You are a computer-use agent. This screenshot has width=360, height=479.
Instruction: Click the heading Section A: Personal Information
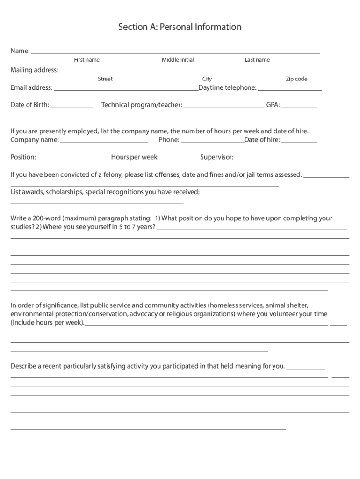(x=180, y=27)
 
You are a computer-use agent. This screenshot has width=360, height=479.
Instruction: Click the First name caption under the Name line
(x=86, y=60)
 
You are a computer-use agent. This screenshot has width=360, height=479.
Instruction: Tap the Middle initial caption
(x=178, y=60)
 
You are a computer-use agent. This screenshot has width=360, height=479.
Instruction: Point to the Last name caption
(x=257, y=60)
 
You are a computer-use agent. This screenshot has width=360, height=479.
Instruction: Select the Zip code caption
(x=296, y=79)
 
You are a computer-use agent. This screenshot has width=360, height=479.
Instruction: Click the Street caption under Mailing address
(x=105, y=79)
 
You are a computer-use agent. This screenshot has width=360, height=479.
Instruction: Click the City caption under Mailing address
(x=207, y=79)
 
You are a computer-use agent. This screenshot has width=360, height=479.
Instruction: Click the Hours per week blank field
(x=180, y=159)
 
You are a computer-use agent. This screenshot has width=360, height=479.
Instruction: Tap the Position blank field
(x=74, y=159)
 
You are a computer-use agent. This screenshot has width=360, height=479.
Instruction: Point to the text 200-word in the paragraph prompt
(x=46, y=218)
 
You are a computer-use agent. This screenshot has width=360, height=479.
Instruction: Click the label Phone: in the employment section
(x=169, y=140)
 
